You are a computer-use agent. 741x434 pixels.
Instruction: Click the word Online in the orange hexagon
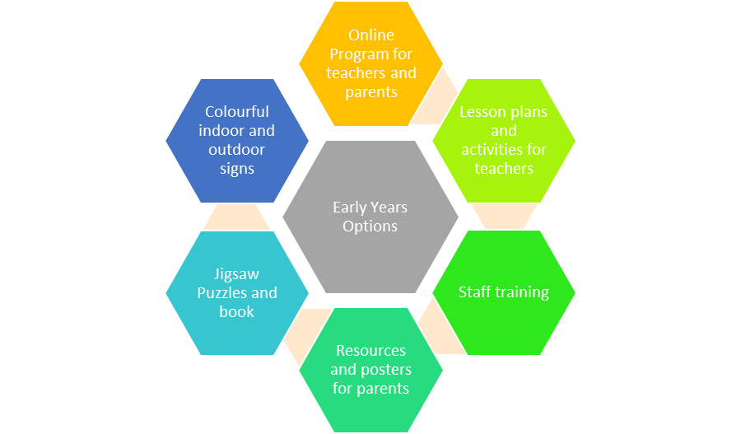[x=371, y=35]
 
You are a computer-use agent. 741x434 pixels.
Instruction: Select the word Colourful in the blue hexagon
[x=237, y=111]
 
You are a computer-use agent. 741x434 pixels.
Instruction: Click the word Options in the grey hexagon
[x=370, y=226]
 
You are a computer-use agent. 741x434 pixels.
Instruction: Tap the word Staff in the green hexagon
[x=475, y=292]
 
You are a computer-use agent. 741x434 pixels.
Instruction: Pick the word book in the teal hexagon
[x=237, y=312]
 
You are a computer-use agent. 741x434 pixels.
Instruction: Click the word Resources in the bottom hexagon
[x=371, y=351]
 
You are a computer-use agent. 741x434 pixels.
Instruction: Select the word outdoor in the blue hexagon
[x=237, y=150]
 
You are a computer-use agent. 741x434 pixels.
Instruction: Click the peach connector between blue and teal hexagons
[x=236, y=217]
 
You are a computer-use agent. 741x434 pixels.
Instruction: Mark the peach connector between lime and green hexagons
[x=504, y=217]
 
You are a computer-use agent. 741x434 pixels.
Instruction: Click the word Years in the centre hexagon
[x=389, y=208]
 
